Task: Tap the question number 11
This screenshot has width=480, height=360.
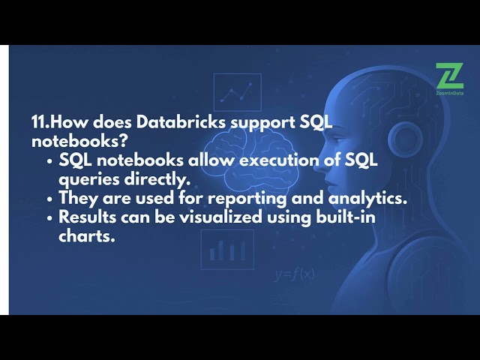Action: [x=39, y=123]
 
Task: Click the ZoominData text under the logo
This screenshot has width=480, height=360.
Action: [x=448, y=94]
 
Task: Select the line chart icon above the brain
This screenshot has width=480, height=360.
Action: [x=237, y=92]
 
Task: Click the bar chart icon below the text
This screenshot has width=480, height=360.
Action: [x=226, y=250]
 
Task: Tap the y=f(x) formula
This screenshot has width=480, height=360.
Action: [x=294, y=274]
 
